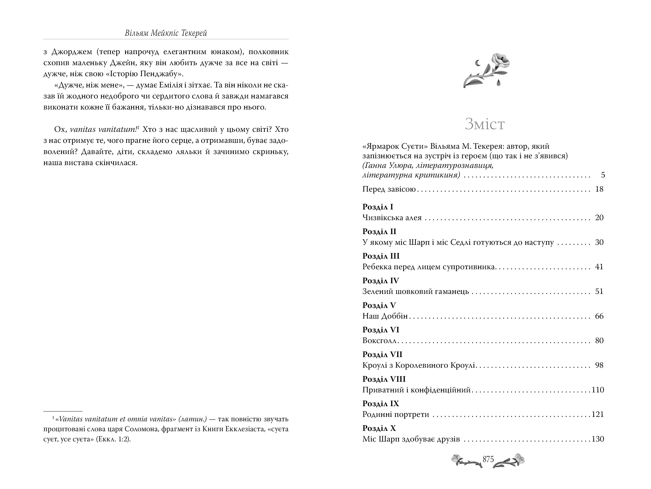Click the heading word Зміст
[x=485, y=124]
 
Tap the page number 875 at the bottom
[x=488, y=459]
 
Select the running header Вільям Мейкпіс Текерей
[x=166, y=33]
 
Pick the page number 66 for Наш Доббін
[x=599, y=316]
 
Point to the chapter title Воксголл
[x=380, y=341]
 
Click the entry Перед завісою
[x=389, y=189]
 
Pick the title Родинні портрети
[x=396, y=414]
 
